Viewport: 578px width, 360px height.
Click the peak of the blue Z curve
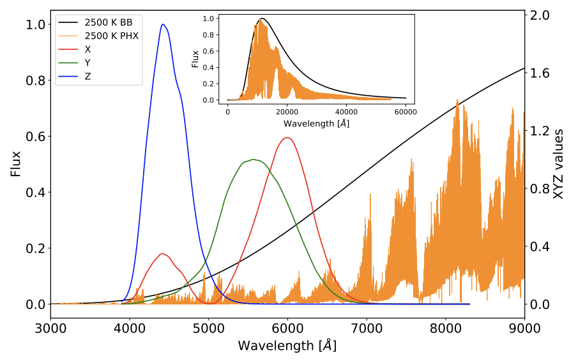point(164,24)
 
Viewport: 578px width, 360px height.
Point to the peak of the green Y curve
point(254,160)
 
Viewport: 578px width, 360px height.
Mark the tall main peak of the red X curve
point(287,138)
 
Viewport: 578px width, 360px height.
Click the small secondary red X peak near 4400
point(163,253)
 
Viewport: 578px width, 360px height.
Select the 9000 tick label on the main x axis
point(524,330)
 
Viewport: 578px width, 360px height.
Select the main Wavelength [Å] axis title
point(287,346)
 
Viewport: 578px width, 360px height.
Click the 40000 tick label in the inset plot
point(346,111)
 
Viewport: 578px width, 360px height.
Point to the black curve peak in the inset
point(261,19)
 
